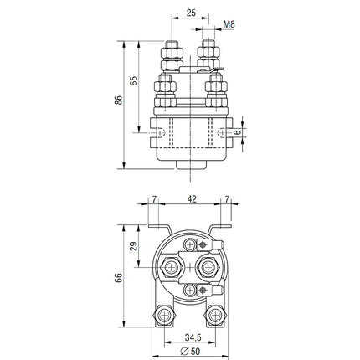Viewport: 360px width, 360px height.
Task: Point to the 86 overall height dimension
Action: pos(119,100)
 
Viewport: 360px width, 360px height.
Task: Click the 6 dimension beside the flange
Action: pos(238,131)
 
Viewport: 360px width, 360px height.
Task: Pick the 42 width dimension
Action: pos(193,198)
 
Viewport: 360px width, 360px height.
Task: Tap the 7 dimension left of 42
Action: pos(155,198)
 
